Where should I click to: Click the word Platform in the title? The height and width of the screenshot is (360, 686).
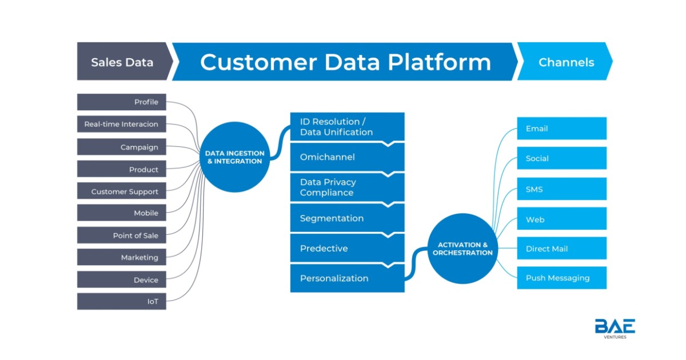click(x=440, y=63)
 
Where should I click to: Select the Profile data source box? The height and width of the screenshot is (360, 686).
click(x=122, y=102)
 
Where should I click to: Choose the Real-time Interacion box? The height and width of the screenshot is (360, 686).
click(x=122, y=124)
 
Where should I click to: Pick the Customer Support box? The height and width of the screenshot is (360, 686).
click(x=122, y=191)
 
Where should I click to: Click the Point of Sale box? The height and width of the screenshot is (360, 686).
click(x=122, y=235)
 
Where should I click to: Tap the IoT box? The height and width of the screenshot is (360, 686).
click(x=122, y=302)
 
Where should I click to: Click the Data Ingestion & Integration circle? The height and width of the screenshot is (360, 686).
click(x=235, y=157)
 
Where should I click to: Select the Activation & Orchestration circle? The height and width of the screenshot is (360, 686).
click(x=462, y=249)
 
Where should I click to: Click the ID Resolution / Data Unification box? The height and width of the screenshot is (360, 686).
click(x=348, y=127)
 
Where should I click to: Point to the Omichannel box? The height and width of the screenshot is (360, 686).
click(x=348, y=157)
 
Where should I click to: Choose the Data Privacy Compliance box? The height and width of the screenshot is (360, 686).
click(x=348, y=187)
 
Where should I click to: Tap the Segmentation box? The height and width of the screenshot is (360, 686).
click(x=348, y=218)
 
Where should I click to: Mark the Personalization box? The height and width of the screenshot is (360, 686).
click(x=348, y=278)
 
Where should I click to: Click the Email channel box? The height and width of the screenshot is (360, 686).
click(x=561, y=129)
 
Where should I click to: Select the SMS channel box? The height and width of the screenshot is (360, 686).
click(x=561, y=189)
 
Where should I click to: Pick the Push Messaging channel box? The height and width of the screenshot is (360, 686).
click(x=561, y=278)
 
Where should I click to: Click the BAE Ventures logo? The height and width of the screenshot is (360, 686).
click(x=615, y=329)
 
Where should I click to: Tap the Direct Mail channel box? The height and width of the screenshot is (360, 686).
click(x=561, y=248)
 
